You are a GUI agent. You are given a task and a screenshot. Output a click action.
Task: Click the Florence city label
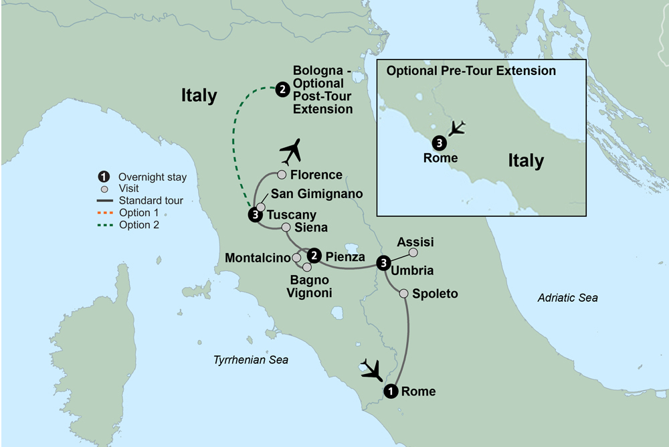pyautogui.click(x=317, y=175)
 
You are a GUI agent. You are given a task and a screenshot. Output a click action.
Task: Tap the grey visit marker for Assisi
pyautogui.click(x=413, y=252)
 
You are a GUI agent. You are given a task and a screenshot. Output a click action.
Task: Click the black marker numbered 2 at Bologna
pyautogui.click(x=282, y=88)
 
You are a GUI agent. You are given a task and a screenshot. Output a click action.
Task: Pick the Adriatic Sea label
pyautogui.click(x=567, y=297)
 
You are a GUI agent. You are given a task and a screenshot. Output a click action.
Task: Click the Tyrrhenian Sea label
pyautogui.click(x=250, y=360)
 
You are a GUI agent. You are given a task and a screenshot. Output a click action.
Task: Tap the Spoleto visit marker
pyautogui.click(x=404, y=293)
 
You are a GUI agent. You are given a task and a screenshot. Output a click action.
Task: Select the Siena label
pyautogui.click(x=311, y=228)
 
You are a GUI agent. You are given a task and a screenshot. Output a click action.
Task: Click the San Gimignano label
pyautogui.click(x=317, y=194)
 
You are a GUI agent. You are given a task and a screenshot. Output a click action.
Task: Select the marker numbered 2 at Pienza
pyautogui.click(x=312, y=256)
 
